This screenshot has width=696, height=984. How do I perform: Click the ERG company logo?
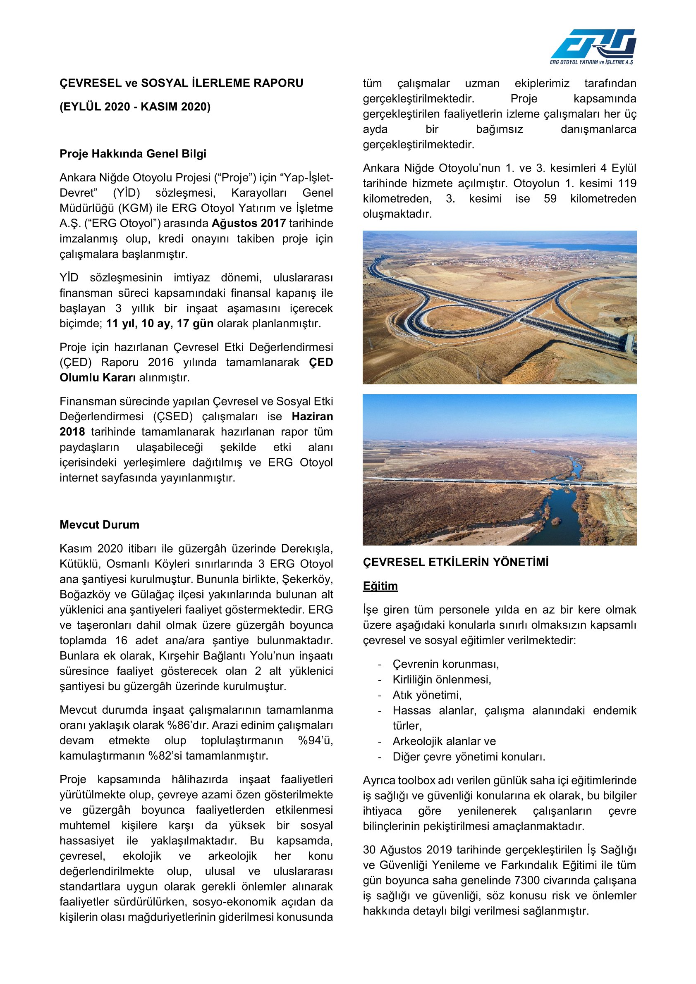[593, 46]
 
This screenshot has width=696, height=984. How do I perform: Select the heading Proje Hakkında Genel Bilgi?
[133, 154]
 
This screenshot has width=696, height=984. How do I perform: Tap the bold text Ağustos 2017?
[248, 223]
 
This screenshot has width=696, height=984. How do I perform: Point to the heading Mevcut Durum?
[100, 524]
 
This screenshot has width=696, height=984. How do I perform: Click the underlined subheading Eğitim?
[380, 586]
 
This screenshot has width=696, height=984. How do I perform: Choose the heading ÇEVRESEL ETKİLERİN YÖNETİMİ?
[455, 562]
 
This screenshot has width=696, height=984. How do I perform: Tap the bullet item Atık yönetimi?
[427, 695]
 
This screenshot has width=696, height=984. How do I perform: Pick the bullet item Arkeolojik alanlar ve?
[444, 741]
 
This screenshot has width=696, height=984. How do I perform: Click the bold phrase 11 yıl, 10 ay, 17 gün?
[160, 324]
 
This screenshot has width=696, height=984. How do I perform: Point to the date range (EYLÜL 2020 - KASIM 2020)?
[135, 107]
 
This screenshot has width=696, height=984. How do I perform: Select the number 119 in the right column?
[627, 183]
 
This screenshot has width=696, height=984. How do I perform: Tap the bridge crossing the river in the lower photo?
[493, 482]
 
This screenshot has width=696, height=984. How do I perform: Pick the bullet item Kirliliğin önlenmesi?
[442, 680]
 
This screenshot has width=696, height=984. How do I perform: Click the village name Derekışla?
[307, 548]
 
